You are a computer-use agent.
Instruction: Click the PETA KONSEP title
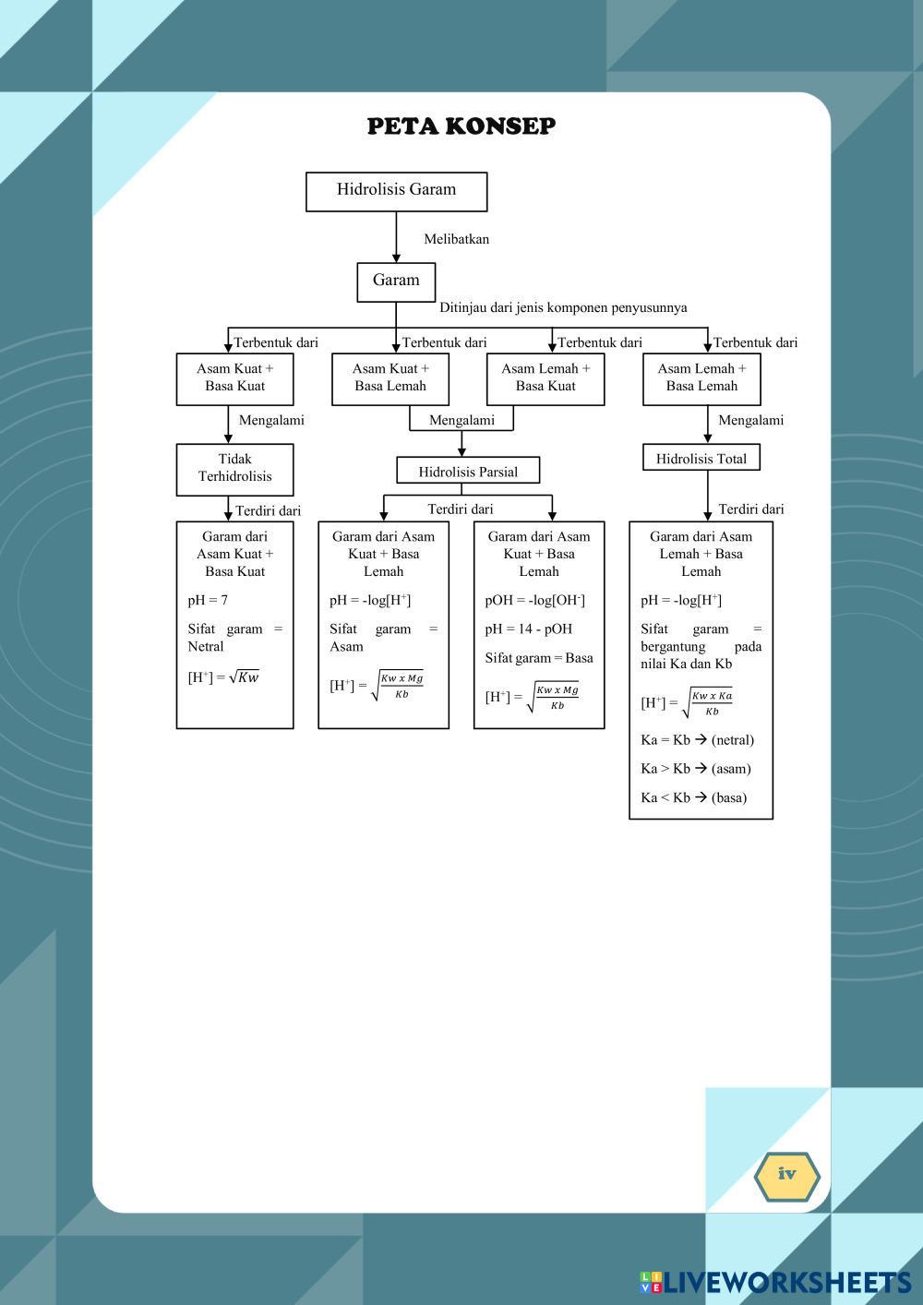tap(461, 126)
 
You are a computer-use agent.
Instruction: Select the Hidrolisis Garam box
tap(396, 191)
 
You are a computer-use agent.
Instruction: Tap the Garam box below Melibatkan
tap(396, 281)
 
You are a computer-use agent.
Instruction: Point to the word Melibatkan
tap(456, 239)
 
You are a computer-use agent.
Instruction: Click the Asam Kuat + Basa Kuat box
tap(234, 378)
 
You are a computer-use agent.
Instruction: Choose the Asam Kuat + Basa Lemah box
tap(390, 378)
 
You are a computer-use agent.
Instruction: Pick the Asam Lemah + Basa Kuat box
tap(545, 378)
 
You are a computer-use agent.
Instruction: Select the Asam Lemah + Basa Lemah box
tap(701, 378)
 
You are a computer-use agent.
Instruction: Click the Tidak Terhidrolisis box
tap(234, 469)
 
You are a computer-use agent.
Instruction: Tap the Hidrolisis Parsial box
tap(468, 472)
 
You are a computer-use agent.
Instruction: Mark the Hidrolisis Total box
tap(701, 459)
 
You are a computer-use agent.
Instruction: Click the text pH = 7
tap(208, 601)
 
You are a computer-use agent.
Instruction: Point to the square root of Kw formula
tap(224, 677)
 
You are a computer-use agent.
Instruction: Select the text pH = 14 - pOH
tap(529, 629)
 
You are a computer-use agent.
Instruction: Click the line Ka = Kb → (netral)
tap(697, 740)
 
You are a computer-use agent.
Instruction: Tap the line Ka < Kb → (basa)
tap(693, 798)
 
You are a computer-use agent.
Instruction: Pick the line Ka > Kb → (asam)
tap(695, 769)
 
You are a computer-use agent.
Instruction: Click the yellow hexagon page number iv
tap(786, 1176)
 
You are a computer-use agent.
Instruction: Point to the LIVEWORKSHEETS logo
tap(775, 1282)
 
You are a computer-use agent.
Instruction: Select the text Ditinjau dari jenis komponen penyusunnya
tap(563, 308)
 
